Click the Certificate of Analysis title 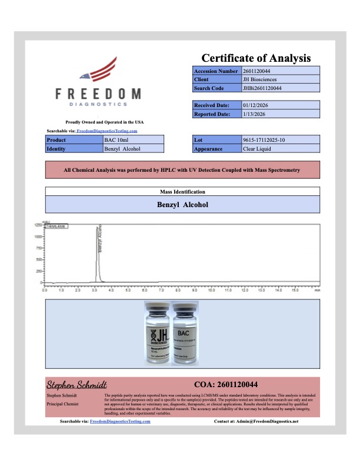(256, 58)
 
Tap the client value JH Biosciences (260, 79)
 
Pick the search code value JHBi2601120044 (262, 88)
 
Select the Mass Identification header (182, 192)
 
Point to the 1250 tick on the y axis (38, 225)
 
